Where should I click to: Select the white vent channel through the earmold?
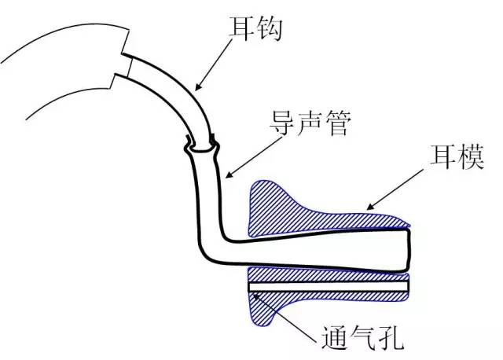click(x=330, y=288)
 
